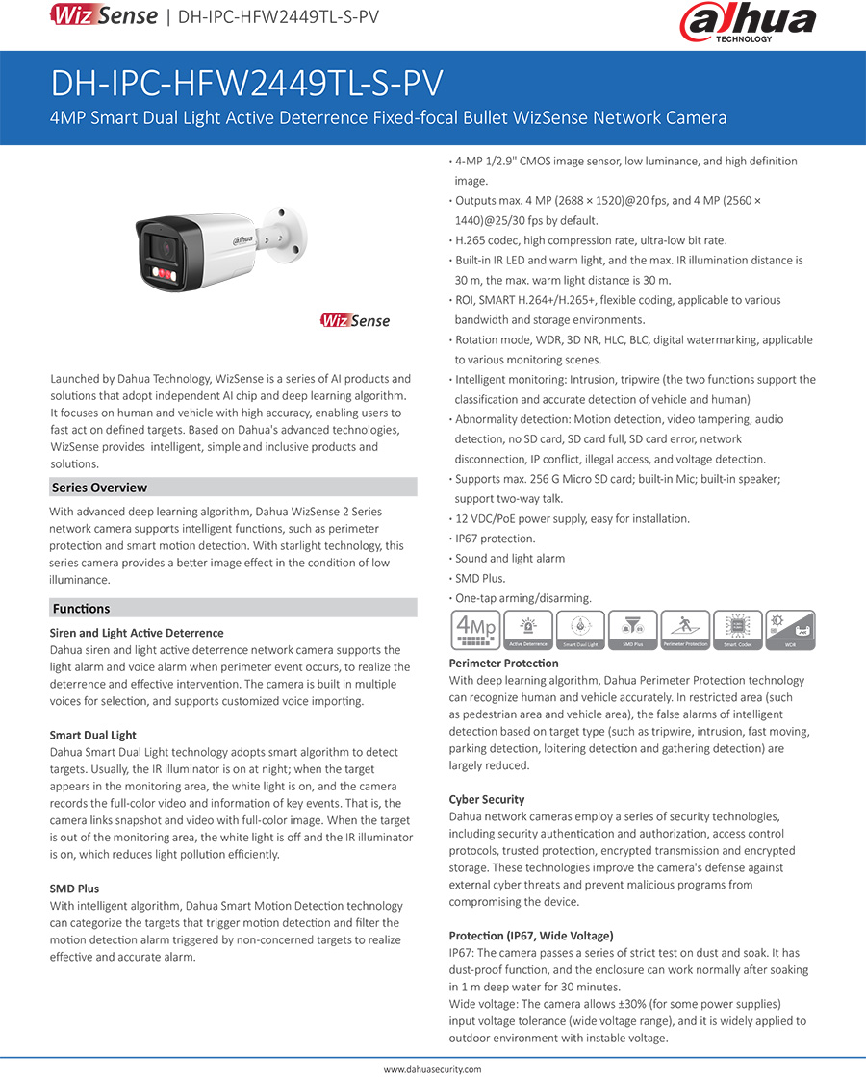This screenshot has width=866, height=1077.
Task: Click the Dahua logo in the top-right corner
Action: [x=748, y=23]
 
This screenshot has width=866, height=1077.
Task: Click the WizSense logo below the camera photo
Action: [x=356, y=320]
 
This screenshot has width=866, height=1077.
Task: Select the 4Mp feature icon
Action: [x=474, y=630]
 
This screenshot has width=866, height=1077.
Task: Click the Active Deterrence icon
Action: [x=527, y=630]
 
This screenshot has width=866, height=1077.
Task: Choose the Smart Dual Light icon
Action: [x=581, y=630]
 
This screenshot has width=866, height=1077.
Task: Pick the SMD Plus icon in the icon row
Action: [x=633, y=630]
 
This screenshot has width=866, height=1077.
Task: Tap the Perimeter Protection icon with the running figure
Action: [x=685, y=630]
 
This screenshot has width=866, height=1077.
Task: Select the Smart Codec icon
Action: [x=738, y=630]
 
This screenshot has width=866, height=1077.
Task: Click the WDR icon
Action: [x=790, y=630]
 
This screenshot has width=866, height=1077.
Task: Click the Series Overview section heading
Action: [x=100, y=488]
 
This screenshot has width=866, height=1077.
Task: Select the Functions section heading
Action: [x=82, y=609]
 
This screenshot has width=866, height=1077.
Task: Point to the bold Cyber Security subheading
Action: [x=487, y=799]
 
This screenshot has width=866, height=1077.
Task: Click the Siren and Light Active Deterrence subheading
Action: [x=137, y=633]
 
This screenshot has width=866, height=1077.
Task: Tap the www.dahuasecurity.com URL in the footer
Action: [x=432, y=1068]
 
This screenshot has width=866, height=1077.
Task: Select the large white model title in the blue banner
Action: [x=246, y=84]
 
